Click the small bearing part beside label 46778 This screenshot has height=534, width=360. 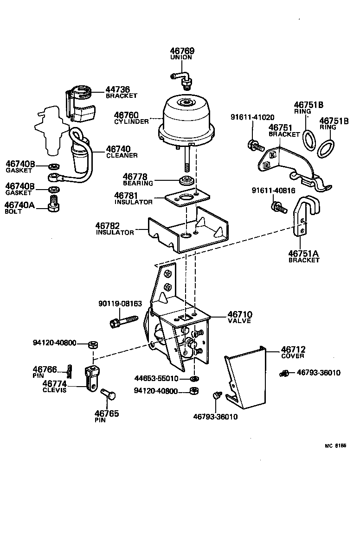187,180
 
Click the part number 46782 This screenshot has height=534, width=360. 108,226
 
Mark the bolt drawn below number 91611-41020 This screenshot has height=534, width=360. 256,146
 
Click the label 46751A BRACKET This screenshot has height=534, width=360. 304,256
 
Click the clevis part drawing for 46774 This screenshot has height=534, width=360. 92,378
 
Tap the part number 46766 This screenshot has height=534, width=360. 45,369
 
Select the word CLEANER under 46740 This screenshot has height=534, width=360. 122,155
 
